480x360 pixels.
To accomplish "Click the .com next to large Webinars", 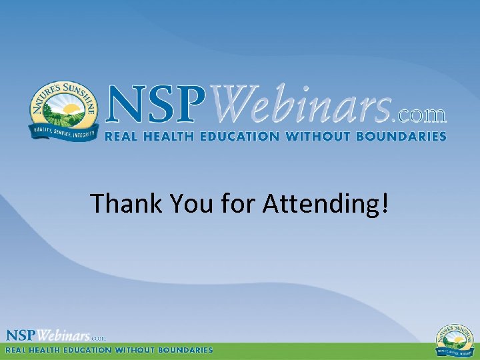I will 421,115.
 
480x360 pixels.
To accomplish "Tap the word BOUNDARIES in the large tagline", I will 405,136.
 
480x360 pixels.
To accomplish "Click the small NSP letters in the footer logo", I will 21,335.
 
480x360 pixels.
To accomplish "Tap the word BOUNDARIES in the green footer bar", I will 189,349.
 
